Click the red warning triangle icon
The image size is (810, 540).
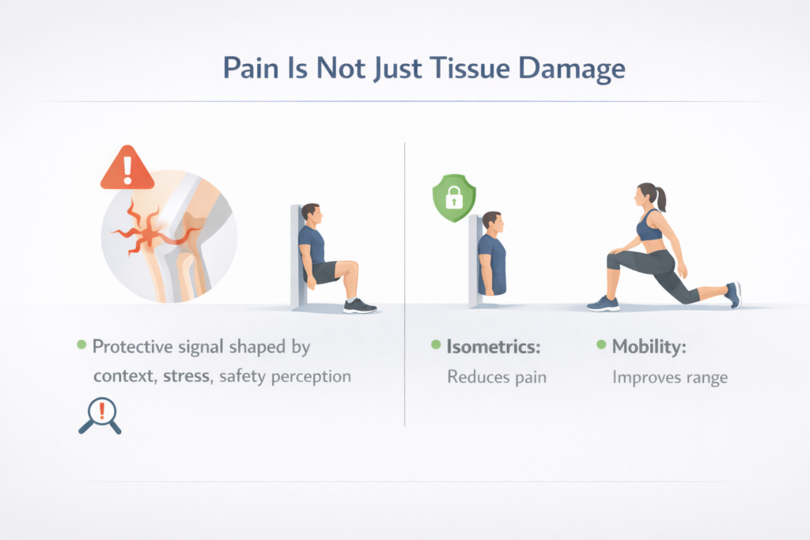pos(127,168)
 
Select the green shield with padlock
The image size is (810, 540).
pos(453,198)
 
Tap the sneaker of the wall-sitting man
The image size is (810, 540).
pos(359,305)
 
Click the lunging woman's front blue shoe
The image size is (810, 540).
pos(604,303)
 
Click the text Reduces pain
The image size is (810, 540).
pos(496,376)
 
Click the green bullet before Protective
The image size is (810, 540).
pos(81,346)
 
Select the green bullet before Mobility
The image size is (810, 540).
pos(600,346)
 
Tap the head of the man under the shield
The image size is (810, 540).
pos(491,221)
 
